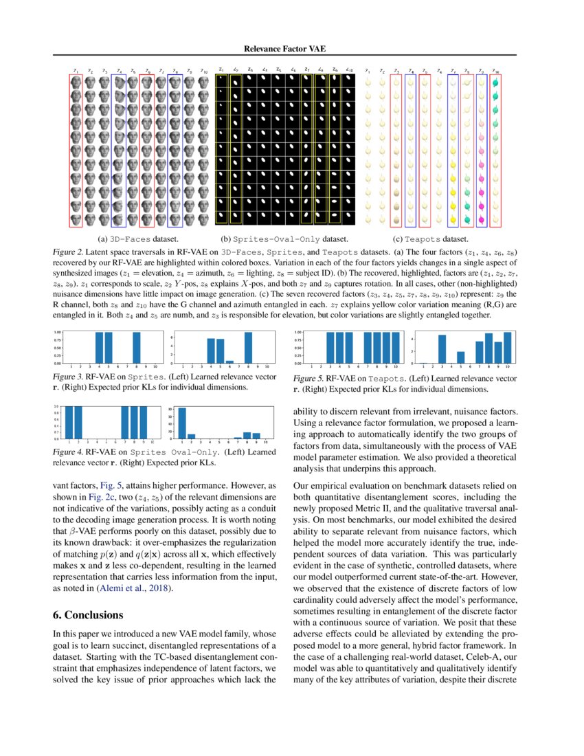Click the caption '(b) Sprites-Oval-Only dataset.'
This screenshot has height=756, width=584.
tap(284, 239)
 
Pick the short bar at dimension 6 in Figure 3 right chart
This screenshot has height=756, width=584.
tap(229, 361)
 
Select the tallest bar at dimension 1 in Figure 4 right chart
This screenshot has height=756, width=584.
tap(182, 422)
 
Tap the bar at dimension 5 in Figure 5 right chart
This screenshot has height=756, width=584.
tap(460, 357)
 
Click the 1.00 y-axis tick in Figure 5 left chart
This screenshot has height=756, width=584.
tap(297, 333)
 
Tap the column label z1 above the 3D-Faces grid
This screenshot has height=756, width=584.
tap(76, 69)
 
